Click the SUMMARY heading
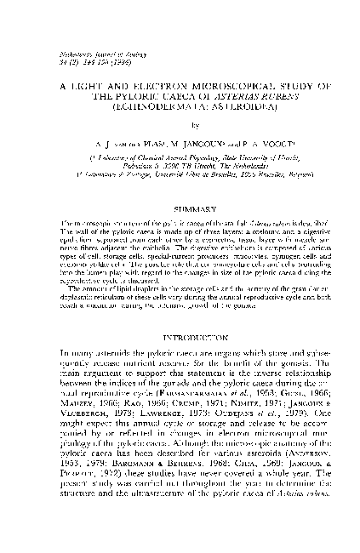[180, 207]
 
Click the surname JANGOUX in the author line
[186, 145]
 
